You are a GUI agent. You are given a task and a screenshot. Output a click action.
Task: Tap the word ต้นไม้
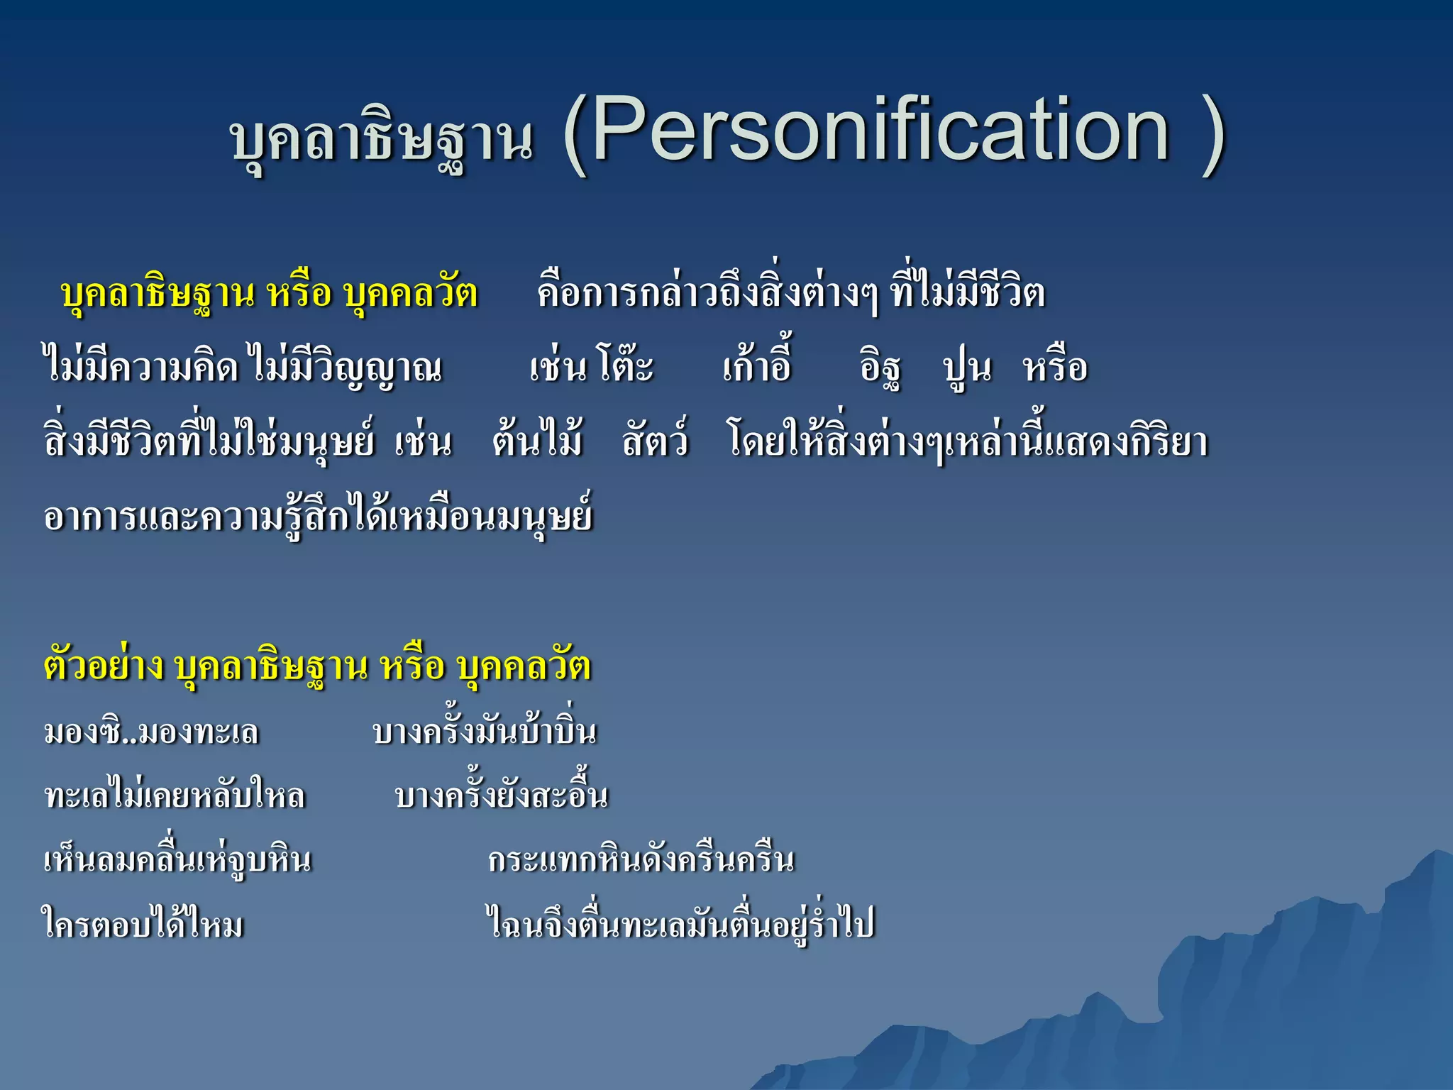click(537, 441)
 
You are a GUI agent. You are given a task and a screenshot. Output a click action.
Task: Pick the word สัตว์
click(655, 441)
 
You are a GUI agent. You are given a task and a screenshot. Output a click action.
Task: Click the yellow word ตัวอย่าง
click(104, 666)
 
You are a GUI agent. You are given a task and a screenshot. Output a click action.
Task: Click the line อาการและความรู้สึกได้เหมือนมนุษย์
click(317, 517)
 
